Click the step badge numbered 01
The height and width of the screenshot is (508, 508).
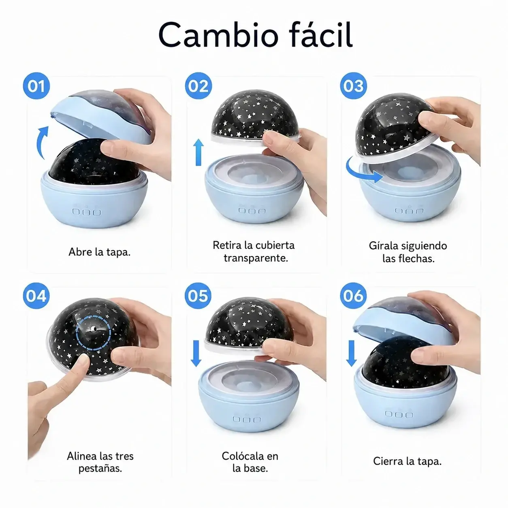36,85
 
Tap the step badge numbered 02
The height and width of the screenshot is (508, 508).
198,85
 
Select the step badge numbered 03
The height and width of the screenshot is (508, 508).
353,85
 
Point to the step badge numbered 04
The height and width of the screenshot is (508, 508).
36,295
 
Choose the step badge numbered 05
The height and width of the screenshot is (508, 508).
198,295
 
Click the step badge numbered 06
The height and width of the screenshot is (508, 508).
353,295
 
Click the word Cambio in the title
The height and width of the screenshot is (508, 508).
218,35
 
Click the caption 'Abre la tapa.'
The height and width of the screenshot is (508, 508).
100,252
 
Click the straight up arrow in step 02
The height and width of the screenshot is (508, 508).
198,152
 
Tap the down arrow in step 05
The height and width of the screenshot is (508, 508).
196,353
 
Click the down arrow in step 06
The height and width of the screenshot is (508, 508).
351,353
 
